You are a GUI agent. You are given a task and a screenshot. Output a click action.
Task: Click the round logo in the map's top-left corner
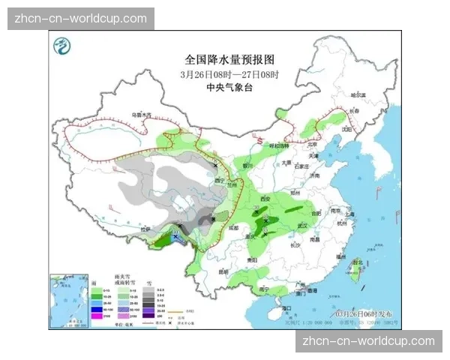[x=61, y=46]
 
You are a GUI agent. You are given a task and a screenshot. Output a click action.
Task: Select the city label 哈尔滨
[x=361, y=95]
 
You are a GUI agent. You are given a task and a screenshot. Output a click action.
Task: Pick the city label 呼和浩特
[x=278, y=145]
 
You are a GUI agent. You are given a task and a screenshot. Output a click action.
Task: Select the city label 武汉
[x=303, y=224]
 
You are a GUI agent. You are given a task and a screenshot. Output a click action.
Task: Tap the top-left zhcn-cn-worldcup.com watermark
[x=81, y=19]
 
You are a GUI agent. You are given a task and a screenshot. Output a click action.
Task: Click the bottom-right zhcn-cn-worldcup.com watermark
[x=368, y=341]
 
